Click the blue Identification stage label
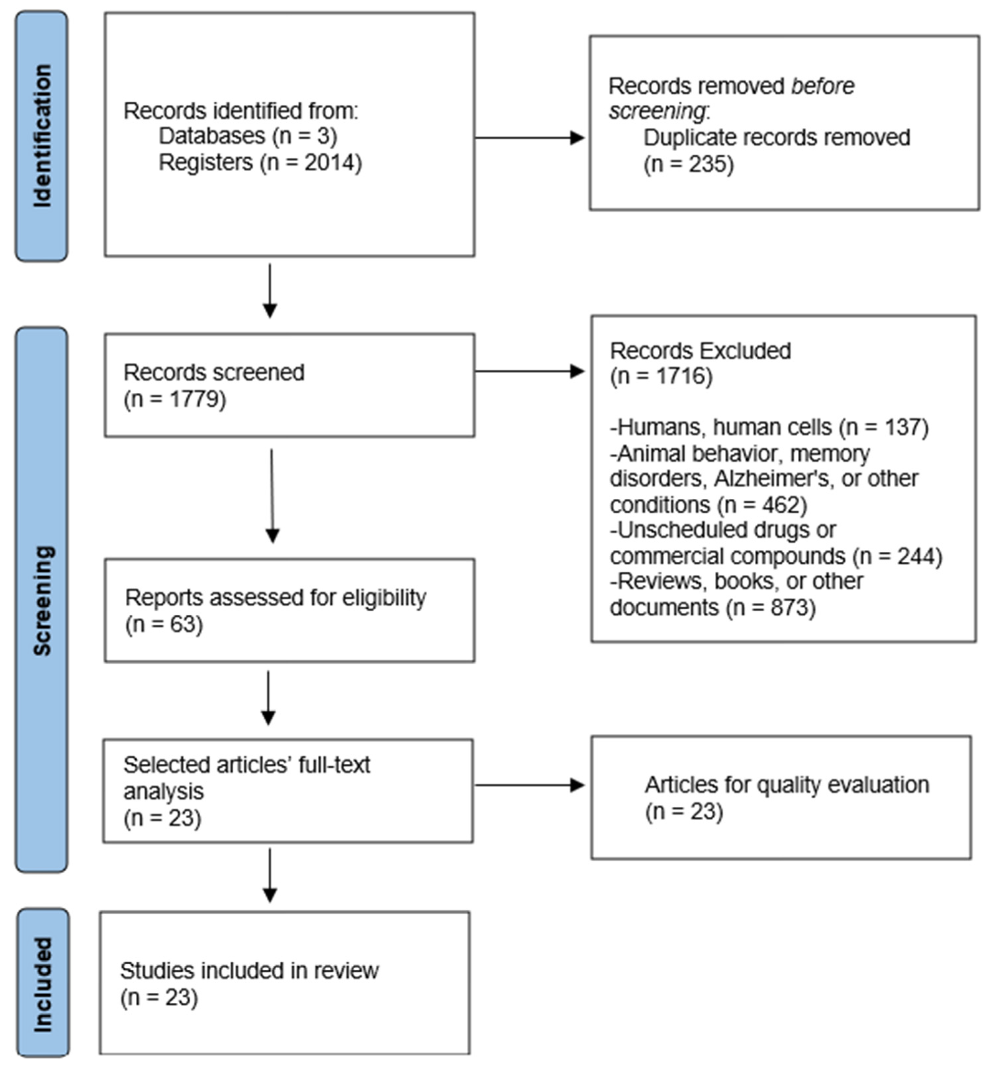tap(42, 136)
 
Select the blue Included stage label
tap(43, 983)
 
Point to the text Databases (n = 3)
tap(248, 136)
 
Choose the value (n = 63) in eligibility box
tap(164, 624)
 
